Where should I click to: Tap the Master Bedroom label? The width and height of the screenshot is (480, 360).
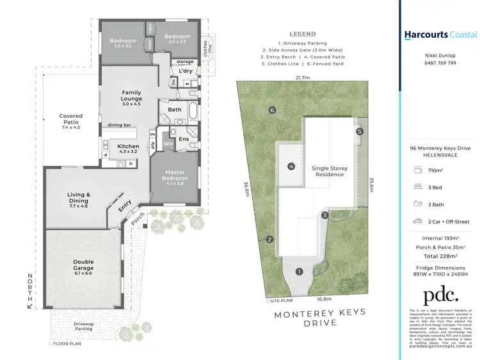175,175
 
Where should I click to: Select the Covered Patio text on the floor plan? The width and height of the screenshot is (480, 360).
71,120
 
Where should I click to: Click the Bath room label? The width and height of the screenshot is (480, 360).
175,110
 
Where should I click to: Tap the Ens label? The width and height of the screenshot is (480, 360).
183,138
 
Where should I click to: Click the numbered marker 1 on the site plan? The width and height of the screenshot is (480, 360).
298,272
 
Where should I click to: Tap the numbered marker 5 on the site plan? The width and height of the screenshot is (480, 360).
360,131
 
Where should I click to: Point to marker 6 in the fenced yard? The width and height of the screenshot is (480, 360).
272,110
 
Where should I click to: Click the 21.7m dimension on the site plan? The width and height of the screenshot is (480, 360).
303,78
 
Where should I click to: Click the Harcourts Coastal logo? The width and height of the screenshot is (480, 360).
440,35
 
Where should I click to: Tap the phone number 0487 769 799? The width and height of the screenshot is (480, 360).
440,63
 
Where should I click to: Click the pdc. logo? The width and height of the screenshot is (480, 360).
440,295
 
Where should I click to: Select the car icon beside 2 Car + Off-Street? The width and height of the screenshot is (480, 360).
418,221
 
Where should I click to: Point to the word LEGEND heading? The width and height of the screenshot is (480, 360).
303,33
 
